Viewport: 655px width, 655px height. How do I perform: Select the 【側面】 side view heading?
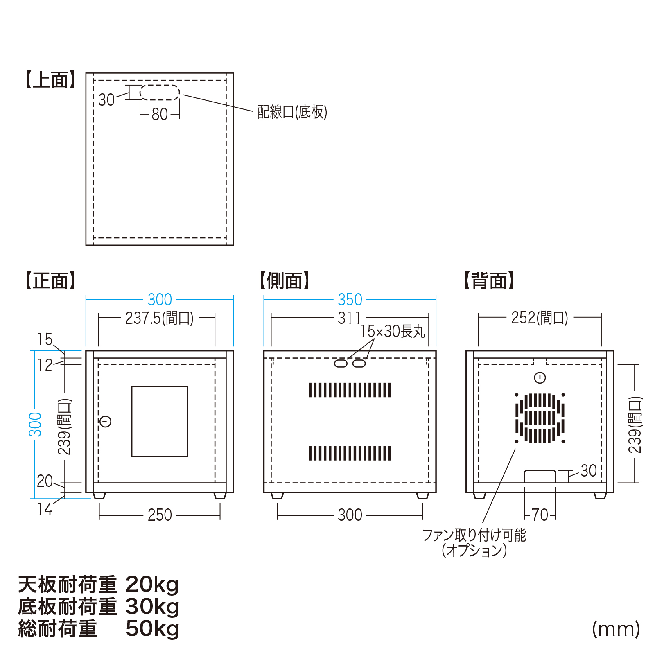285,281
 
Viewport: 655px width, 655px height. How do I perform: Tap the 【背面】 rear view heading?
489,281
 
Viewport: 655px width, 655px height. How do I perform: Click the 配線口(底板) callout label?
292,112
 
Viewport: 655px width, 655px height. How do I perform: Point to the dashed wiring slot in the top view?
160,93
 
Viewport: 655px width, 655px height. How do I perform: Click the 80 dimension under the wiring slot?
160,114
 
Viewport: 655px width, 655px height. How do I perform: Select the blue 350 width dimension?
350,300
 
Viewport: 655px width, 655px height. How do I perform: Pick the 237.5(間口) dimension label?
159,318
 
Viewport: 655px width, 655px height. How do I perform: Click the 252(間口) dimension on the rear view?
540,318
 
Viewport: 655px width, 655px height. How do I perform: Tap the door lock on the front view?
106,421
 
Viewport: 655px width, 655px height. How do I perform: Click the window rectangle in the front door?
160,421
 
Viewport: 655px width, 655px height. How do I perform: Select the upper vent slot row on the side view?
350,390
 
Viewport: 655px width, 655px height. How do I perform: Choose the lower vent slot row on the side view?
350,453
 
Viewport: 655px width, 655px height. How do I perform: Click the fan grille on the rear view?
540,418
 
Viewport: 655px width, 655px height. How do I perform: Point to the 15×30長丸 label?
392,331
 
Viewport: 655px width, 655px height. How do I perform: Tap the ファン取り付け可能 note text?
474,535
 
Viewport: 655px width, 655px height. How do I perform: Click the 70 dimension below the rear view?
540,515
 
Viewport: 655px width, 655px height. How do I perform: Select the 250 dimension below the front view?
160,515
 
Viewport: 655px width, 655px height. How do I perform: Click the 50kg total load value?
152,629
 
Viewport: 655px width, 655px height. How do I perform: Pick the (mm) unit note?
616,629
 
